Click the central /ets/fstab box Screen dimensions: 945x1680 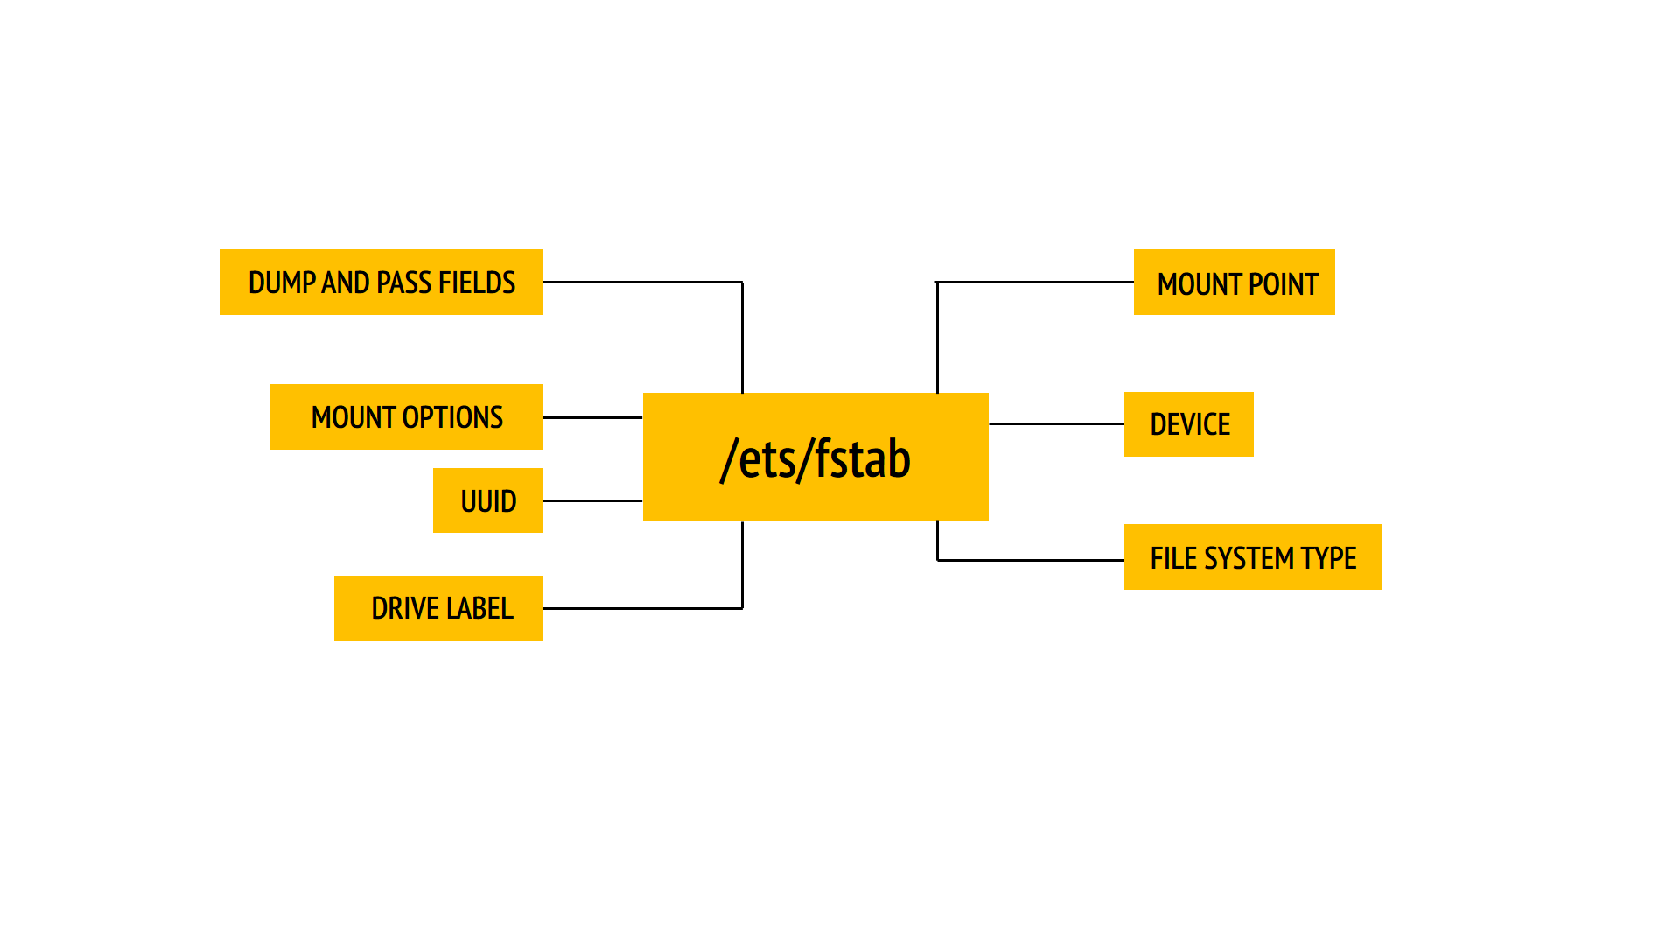pos(815,457)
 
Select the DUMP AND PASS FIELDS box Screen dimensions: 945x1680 pos(381,282)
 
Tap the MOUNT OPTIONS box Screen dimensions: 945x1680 pos(406,416)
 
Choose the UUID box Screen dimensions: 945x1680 pos(487,500)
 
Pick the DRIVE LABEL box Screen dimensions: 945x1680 pos(438,608)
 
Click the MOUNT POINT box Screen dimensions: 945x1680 pos(1234,282)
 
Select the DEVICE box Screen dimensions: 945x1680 pos(1188,424)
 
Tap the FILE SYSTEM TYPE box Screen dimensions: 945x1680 pos(1252,557)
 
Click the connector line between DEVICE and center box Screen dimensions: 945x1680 pos(1056,423)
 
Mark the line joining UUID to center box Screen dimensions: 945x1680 pos(592,500)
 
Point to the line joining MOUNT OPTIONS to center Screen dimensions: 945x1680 pos(592,417)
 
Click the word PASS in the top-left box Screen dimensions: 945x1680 pos(403,283)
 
